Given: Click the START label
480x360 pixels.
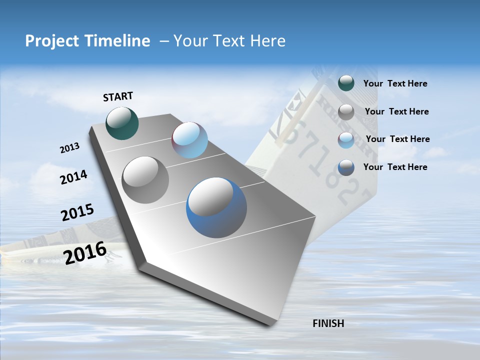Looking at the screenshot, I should pos(118,96).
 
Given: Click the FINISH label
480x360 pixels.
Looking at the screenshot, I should pos(328,323).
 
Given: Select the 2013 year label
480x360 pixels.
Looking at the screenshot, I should pos(69,148).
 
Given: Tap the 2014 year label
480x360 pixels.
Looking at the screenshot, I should pos(73,177).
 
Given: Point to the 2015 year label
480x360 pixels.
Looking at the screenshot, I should pos(77,212).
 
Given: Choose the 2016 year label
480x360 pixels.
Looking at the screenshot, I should pos(85,252).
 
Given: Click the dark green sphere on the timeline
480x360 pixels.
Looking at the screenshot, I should pos(122,123).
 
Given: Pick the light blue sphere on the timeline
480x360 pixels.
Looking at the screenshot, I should pos(189,140).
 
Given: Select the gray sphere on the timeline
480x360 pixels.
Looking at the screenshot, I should pos(145,180).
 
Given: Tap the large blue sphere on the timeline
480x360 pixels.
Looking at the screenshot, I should pos(216,207).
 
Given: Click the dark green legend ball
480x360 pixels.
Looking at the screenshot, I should pos(346,83).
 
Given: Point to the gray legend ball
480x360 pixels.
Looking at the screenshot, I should pos(346,112).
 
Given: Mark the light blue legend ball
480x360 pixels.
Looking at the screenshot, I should pos(346,140).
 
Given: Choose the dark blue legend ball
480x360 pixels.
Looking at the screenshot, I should pos(346,167).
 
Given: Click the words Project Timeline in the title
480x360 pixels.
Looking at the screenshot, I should pos(87,41).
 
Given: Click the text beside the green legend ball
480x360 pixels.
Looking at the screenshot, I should pos(395,83).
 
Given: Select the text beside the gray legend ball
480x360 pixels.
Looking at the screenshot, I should pos(396,111).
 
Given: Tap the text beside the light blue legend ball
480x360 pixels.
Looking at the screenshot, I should pos(397,139).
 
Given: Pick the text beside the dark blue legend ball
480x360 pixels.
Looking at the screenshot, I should pos(395,167).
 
